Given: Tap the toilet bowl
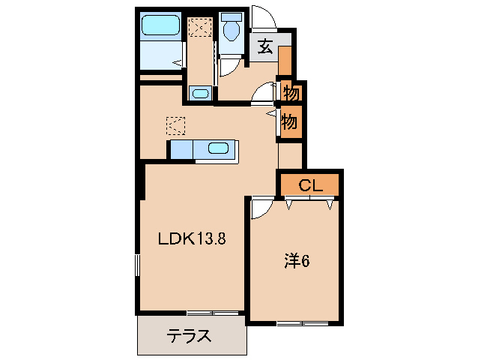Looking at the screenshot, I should [x=231, y=30].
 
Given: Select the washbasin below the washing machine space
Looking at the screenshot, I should [x=200, y=94].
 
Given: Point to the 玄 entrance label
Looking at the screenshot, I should [x=266, y=47].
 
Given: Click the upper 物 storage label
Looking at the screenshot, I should [x=291, y=94].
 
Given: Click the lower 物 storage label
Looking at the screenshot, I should [x=290, y=120].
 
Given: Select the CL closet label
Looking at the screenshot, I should [x=310, y=185].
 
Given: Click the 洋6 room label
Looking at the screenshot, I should [x=296, y=261].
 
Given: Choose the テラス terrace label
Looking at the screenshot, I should [x=187, y=335].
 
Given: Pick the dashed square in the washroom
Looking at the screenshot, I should [x=199, y=28].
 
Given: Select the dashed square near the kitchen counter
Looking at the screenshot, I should [x=175, y=124].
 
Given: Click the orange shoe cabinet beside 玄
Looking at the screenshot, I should [x=285, y=60].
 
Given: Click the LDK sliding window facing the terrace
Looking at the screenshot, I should [x=213, y=312].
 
